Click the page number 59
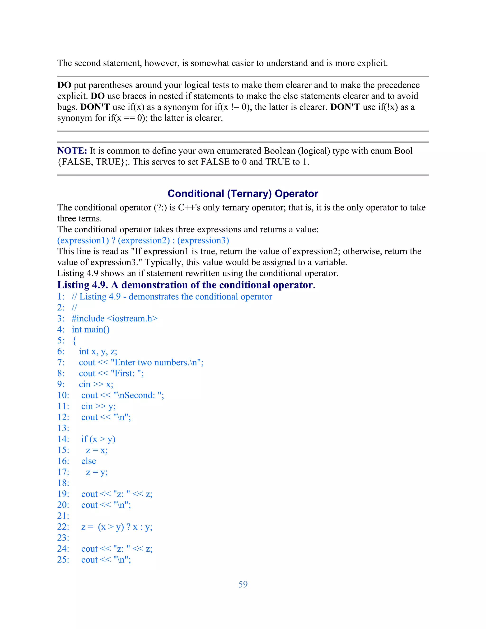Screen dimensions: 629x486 point(243,584)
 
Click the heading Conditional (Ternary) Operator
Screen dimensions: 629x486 point(243,193)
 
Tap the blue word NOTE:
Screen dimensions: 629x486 point(72,151)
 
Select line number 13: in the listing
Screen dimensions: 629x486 point(63,428)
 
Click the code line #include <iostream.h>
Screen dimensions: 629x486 point(115,319)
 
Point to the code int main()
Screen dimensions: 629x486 point(91,329)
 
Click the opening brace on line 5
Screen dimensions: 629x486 point(74,340)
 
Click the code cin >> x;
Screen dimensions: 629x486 point(96,384)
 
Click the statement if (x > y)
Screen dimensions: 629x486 point(98,439)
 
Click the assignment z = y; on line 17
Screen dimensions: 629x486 point(97,472)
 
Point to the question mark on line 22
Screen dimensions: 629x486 point(128,527)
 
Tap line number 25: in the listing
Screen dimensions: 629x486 point(63,560)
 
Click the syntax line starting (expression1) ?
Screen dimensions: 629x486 point(143,240)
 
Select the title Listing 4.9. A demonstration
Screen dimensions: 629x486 point(186,285)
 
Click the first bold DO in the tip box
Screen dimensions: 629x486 point(64,85)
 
